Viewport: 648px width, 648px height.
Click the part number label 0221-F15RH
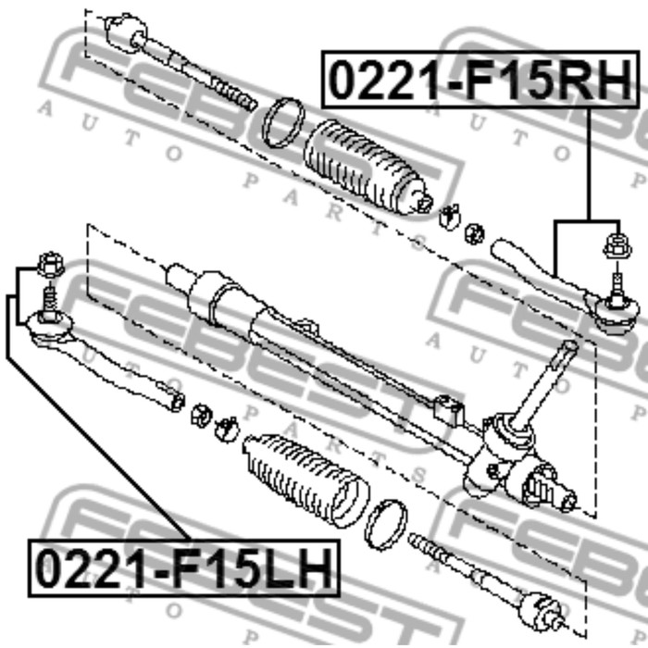(x=480, y=80)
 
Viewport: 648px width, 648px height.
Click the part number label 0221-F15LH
(x=184, y=567)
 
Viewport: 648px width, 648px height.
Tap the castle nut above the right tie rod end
(x=617, y=246)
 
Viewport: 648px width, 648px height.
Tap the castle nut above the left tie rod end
(x=50, y=265)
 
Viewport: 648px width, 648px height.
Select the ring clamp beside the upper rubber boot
(x=283, y=123)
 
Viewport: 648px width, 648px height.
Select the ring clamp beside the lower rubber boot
(x=386, y=525)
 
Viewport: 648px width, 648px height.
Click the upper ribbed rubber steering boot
(x=367, y=168)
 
